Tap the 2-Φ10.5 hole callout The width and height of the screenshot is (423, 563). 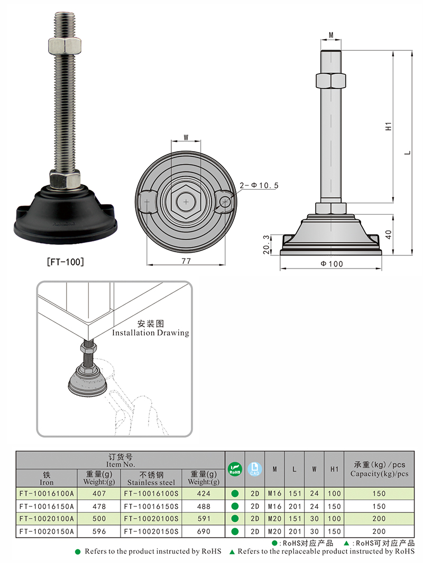[259, 186]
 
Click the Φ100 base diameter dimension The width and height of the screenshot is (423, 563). [332, 264]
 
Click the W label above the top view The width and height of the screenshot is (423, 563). [186, 137]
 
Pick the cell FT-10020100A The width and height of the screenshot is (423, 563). [47, 519]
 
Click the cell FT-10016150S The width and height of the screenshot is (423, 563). [151, 506]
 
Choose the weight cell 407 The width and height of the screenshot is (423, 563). [99, 493]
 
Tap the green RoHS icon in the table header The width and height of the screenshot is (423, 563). [234, 468]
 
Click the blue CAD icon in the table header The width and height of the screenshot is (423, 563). [254, 468]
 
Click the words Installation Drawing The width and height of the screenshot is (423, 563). [150, 333]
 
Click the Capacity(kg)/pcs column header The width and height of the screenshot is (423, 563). [379, 474]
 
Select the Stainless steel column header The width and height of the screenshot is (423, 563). [151, 482]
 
